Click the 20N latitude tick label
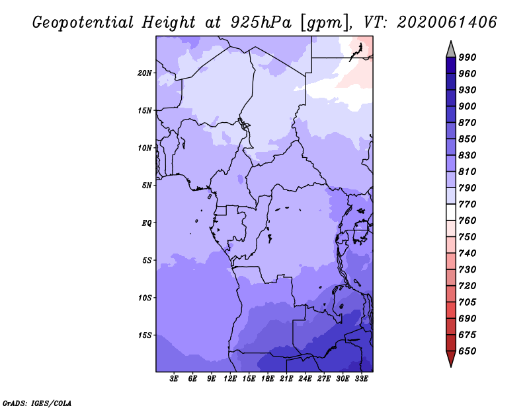tap(145, 73)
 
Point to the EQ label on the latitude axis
tap(146, 223)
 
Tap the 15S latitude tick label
tap(145, 335)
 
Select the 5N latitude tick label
tap(147, 186)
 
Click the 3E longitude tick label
tap(174, 379)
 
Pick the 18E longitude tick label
tap(268, 379)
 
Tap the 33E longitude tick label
tap(361, 379)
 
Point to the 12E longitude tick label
tap(230, 379)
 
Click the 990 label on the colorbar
tap(468, 57)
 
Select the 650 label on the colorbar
tap(468, 351)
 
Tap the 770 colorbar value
tap(468, 204)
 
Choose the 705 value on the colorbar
tap(468, 302)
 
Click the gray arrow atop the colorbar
tap(451, 50)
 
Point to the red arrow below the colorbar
tap(451, 358)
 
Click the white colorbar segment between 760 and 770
tap(451, 213)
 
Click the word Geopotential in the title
tap(83, 22)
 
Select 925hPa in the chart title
tap(261, 22)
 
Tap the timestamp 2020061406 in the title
tap(447, 22)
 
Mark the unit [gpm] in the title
tap(324, 23)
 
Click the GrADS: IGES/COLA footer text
tap(37, 403)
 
